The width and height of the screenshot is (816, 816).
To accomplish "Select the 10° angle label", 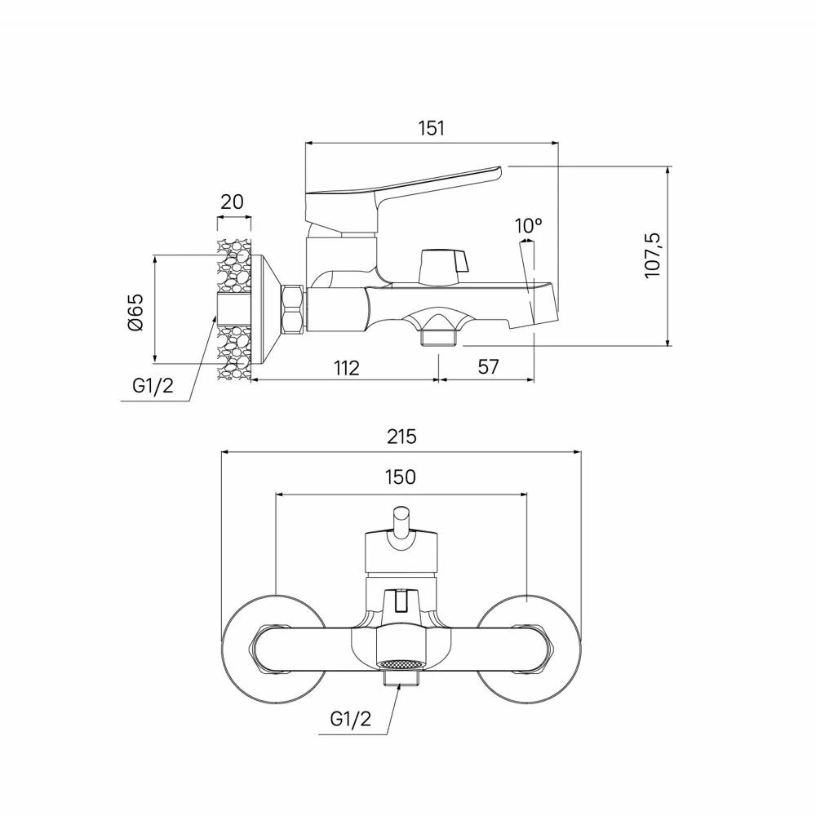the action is click(x=529, y=226).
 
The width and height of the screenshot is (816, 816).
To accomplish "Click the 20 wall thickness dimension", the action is click(x=233, y=202).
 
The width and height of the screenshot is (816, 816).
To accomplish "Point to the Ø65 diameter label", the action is click(x=135, y=311).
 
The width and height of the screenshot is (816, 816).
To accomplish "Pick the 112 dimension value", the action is click(x=346, y=367).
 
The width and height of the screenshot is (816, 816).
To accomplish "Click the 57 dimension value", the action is click(x=487, y=367).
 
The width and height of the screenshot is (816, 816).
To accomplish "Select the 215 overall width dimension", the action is click(x=401, y=437).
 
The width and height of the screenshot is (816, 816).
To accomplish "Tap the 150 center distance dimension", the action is click(x=400, y=477).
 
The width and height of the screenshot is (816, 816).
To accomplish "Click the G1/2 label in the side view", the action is click(x=153, y=386).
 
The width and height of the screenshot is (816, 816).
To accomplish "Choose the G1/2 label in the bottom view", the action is click(x=351, y=718).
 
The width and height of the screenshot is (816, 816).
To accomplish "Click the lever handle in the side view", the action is click(x=400, y=188).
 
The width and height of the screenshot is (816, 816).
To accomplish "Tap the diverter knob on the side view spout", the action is click(x=440, y=263).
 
